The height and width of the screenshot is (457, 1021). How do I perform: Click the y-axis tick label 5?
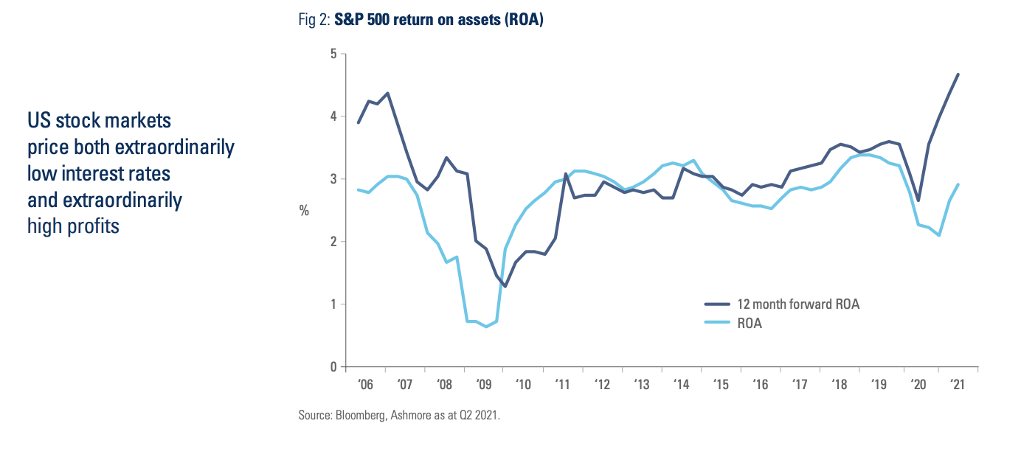click(x=333, y=54)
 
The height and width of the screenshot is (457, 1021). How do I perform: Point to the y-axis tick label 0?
click(x=333, y=367)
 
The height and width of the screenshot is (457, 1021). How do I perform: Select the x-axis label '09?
click(x=484, y=385)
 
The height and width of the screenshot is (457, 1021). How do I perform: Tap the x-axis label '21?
click(x=958, y=385)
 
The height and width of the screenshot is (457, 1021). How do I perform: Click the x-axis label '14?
click(x=681, y=385)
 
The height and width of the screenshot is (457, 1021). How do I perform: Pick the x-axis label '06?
click(x=365, y=385)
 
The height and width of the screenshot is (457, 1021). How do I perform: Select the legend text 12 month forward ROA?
click(x=798, y=304)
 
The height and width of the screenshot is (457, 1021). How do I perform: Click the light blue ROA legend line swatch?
click(x=716, y=323)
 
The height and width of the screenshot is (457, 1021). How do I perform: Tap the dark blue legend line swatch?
click(x=716, y=304)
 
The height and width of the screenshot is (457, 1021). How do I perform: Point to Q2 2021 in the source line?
click(x=479, y=416)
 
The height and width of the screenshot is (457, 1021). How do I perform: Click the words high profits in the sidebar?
click(x=73, y=226)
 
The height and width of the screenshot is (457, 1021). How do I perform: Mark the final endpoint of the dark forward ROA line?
click(x=958, y=74)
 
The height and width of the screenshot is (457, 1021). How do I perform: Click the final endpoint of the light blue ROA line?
click(x=958, y=184)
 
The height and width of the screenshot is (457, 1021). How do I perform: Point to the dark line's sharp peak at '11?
click(x=566, y=174)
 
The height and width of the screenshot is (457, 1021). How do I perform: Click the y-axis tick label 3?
click(x=333, y=179)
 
